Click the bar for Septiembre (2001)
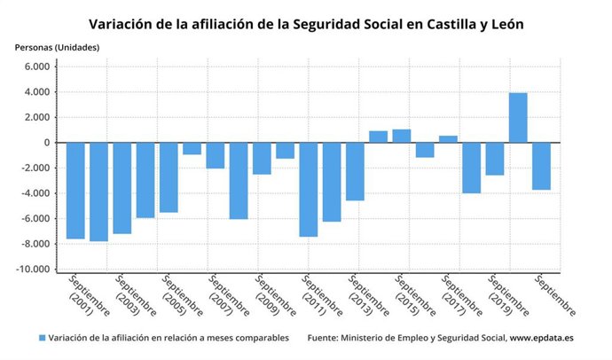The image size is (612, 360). pos(75,191)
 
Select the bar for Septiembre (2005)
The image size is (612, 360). pos(169,177)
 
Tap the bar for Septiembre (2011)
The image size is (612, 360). pos(308,190)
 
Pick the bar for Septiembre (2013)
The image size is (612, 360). pos(355,171)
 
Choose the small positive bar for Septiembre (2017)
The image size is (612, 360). pos(448,139)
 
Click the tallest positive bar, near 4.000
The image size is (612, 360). pos(518,118)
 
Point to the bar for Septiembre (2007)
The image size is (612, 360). pos(216,155)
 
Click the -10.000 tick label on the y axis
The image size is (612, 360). pos(35,270)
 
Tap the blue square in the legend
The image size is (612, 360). pos(43,338)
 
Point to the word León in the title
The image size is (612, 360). pos(504,24)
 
